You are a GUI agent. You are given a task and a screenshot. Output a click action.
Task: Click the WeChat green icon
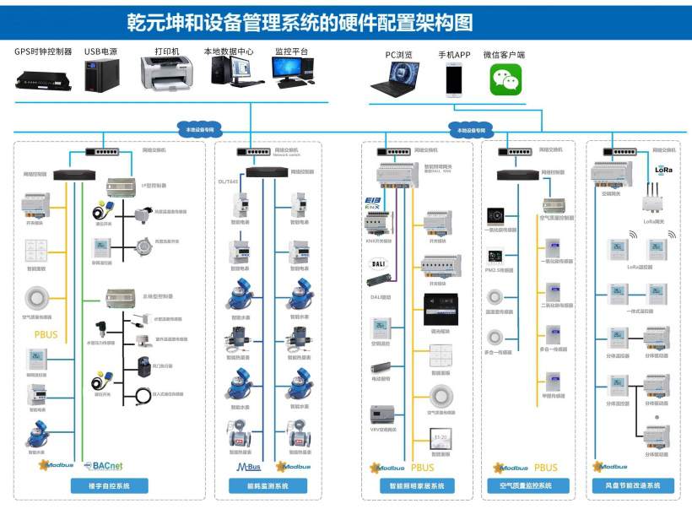tap(505, 80)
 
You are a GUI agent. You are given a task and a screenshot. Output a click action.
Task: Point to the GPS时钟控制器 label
tap(42, 51)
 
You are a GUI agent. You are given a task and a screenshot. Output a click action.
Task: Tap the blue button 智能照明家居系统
tap(415, 485)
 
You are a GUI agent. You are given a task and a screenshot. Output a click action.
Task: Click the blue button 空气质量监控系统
tap(528, 485)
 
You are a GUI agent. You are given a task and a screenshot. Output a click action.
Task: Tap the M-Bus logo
tap(248, 465)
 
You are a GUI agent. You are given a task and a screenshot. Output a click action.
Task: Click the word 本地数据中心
tap(229, 51)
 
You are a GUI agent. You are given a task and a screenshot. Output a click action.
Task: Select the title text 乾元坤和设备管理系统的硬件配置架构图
tap(300, 21)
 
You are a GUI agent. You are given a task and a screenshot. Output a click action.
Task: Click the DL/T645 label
tap(228, 181)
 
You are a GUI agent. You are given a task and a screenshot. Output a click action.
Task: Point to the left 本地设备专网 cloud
tap(197, 129)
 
